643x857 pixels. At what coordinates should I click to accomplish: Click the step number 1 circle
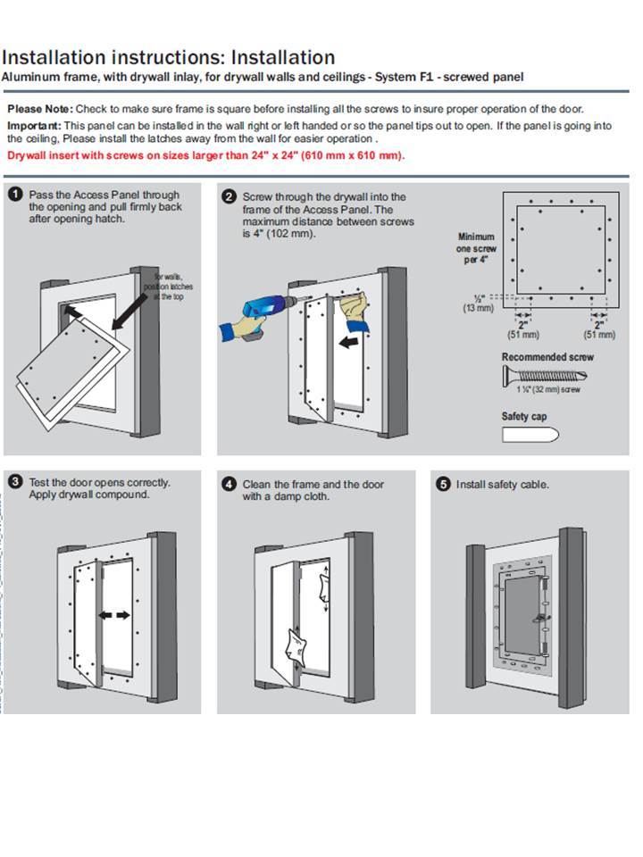[15, 195]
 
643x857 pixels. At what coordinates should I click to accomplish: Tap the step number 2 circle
[229, 196]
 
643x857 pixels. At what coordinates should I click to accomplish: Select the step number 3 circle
[15, 482]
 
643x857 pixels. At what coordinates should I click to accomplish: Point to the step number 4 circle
[229, 484]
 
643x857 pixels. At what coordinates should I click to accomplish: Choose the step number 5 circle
[443, 484]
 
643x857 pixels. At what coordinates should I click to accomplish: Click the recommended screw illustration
[545, 375]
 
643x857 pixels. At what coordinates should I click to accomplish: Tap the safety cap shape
[530, 435]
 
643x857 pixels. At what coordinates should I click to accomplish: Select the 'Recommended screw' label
[547, 357]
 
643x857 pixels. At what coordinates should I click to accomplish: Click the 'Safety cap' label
[524, 417]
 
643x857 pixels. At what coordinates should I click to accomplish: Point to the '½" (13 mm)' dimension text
[478, 304]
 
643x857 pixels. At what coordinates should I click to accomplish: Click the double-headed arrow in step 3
[116, 615]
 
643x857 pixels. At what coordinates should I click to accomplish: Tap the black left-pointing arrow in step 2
[352, 339]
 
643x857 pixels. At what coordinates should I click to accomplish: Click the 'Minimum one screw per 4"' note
[475, 248]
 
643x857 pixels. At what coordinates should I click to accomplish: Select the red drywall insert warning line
[206, 155]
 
